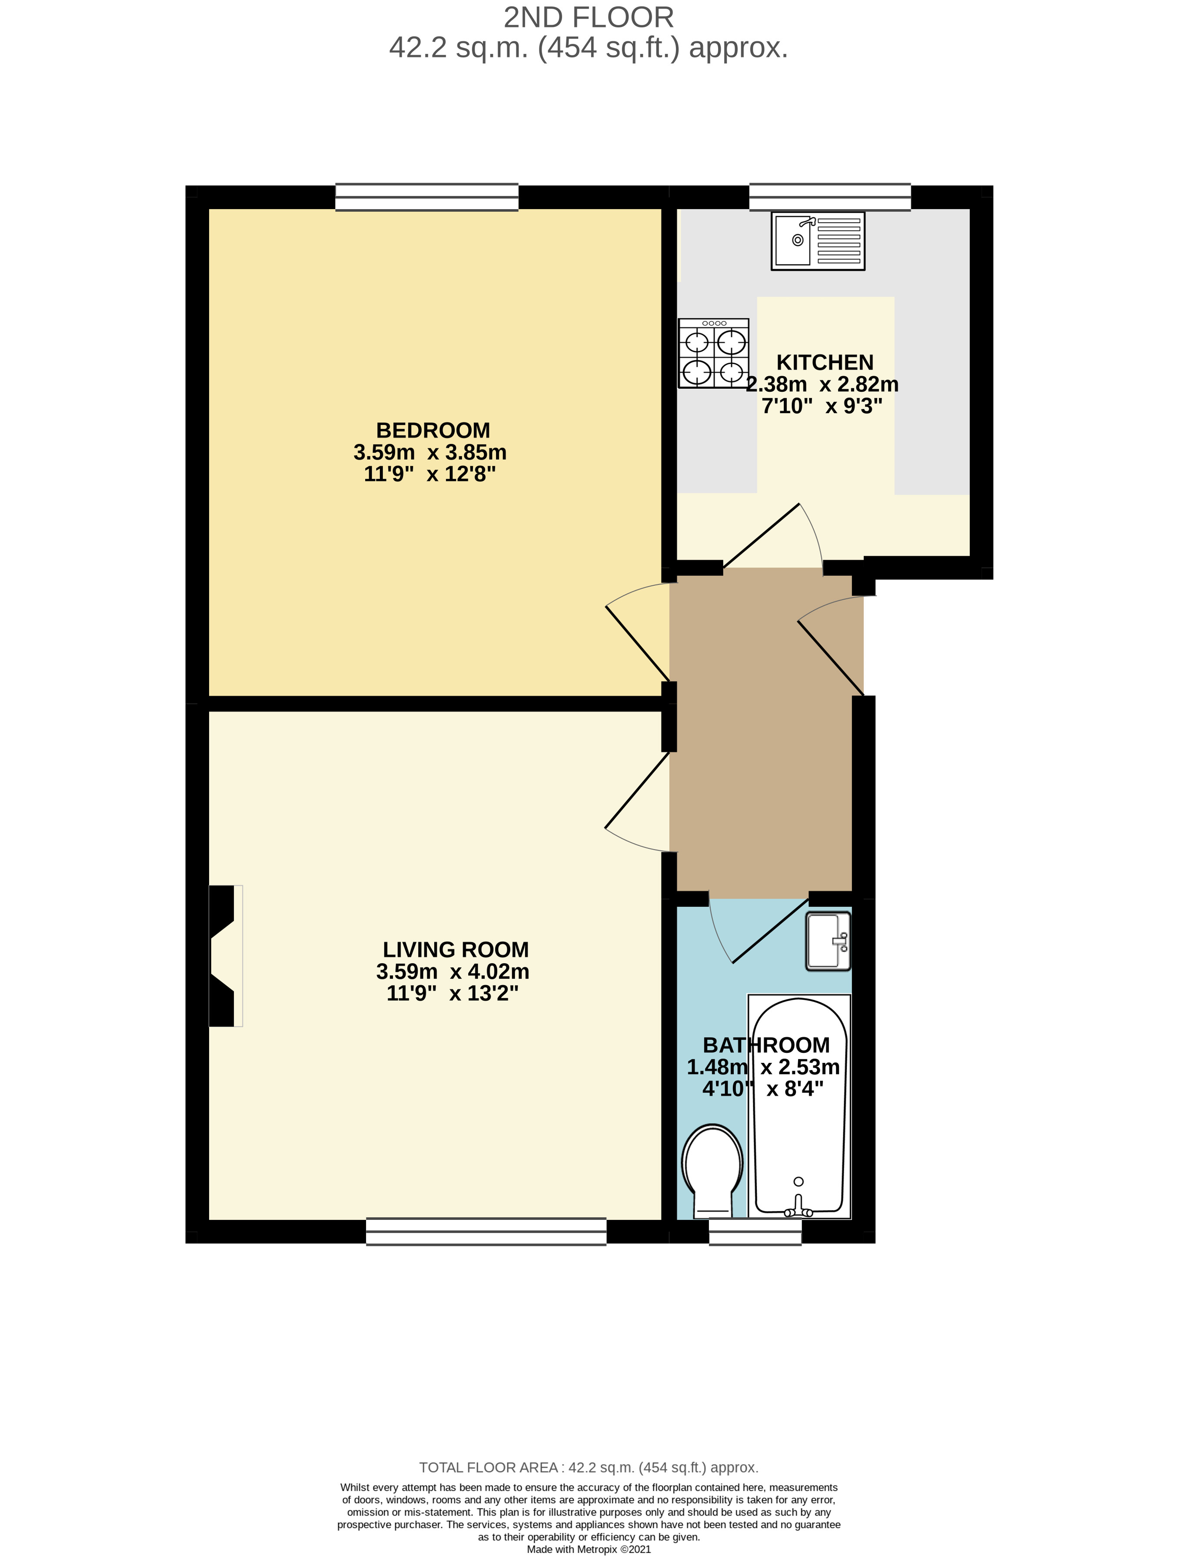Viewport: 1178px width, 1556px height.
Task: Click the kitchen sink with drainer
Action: (817, 240)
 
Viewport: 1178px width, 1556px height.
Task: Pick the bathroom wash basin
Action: (827, 941)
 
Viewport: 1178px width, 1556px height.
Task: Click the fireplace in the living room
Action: (223, 955)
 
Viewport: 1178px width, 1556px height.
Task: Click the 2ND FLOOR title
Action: (589, 17)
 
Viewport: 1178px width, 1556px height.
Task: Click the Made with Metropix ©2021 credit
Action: (589, 1549)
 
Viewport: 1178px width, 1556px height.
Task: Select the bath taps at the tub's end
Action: (798, 1207)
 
